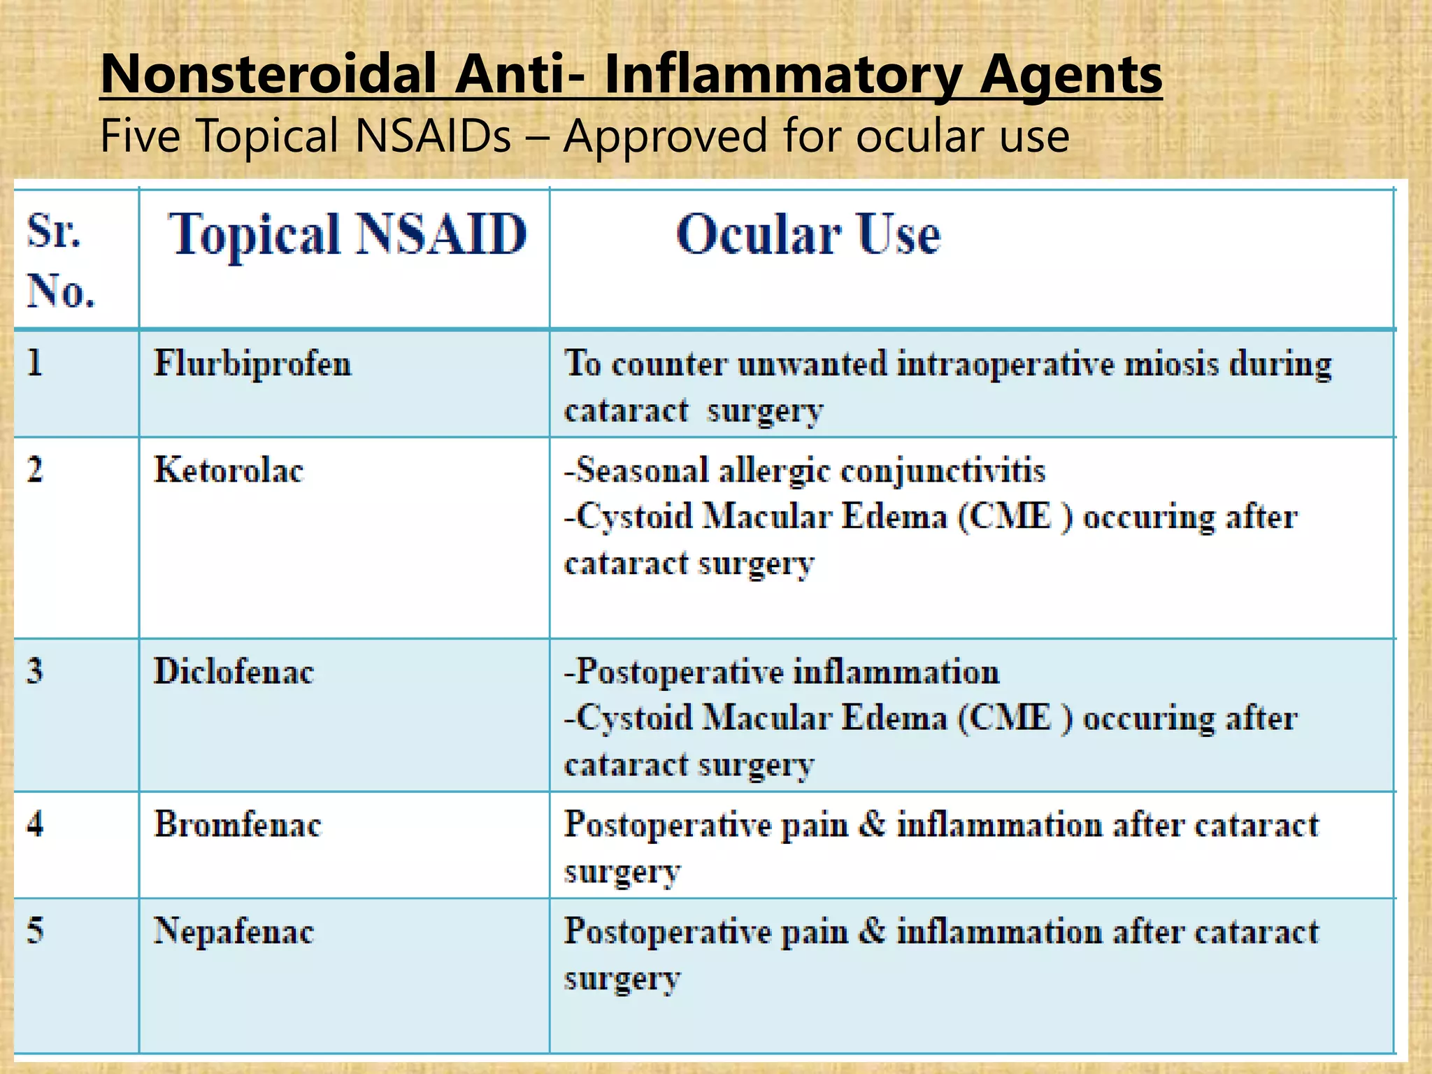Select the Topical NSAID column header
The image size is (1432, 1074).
click(x=347, y=234)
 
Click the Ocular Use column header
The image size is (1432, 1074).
click(x=808, y=234)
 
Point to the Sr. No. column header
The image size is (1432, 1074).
click(x=60, y=260)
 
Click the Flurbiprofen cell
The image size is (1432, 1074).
click(x=252, y=364)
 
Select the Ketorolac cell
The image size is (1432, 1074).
click(x=229, y=470)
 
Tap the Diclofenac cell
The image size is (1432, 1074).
click(x=234, y=671)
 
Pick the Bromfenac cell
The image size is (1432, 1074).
click(x=237, y=824)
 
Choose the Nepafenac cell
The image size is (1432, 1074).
click(x=234, y=931)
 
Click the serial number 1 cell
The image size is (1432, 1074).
click(x=35, y=364)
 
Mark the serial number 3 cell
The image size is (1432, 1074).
click(x=35, y=671)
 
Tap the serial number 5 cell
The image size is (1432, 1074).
click(x=35, y=931)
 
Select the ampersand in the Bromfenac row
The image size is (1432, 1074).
click(x=871, y=824)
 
